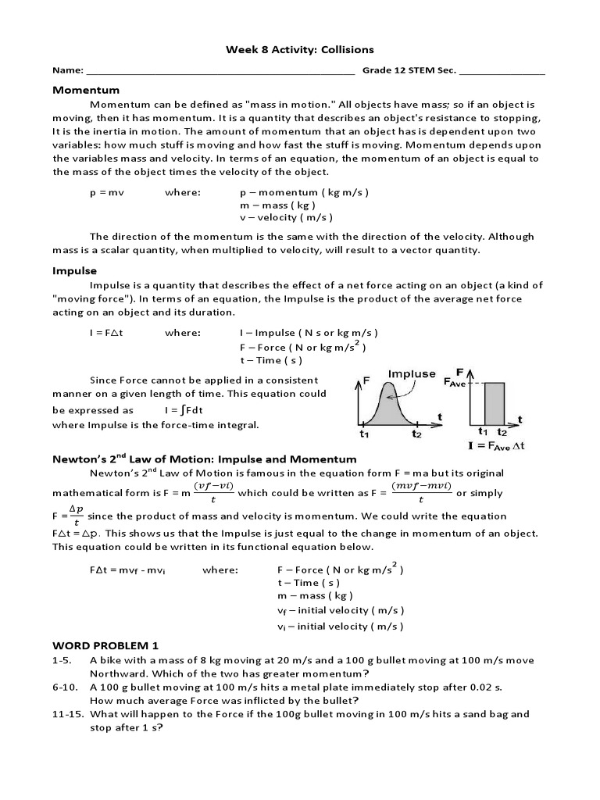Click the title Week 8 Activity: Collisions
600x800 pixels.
[x=300, y=49]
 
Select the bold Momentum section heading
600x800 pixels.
[x=86, y=90]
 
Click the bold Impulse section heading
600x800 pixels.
[x=74, y=271]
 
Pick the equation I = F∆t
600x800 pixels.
[x=108, y=332]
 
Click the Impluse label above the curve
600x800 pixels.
[x=412, y=373]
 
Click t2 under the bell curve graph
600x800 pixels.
[x=418, y=434]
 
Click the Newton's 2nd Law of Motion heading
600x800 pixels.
[x=204, y=459]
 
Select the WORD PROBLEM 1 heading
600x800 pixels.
[x=105, y=645]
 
